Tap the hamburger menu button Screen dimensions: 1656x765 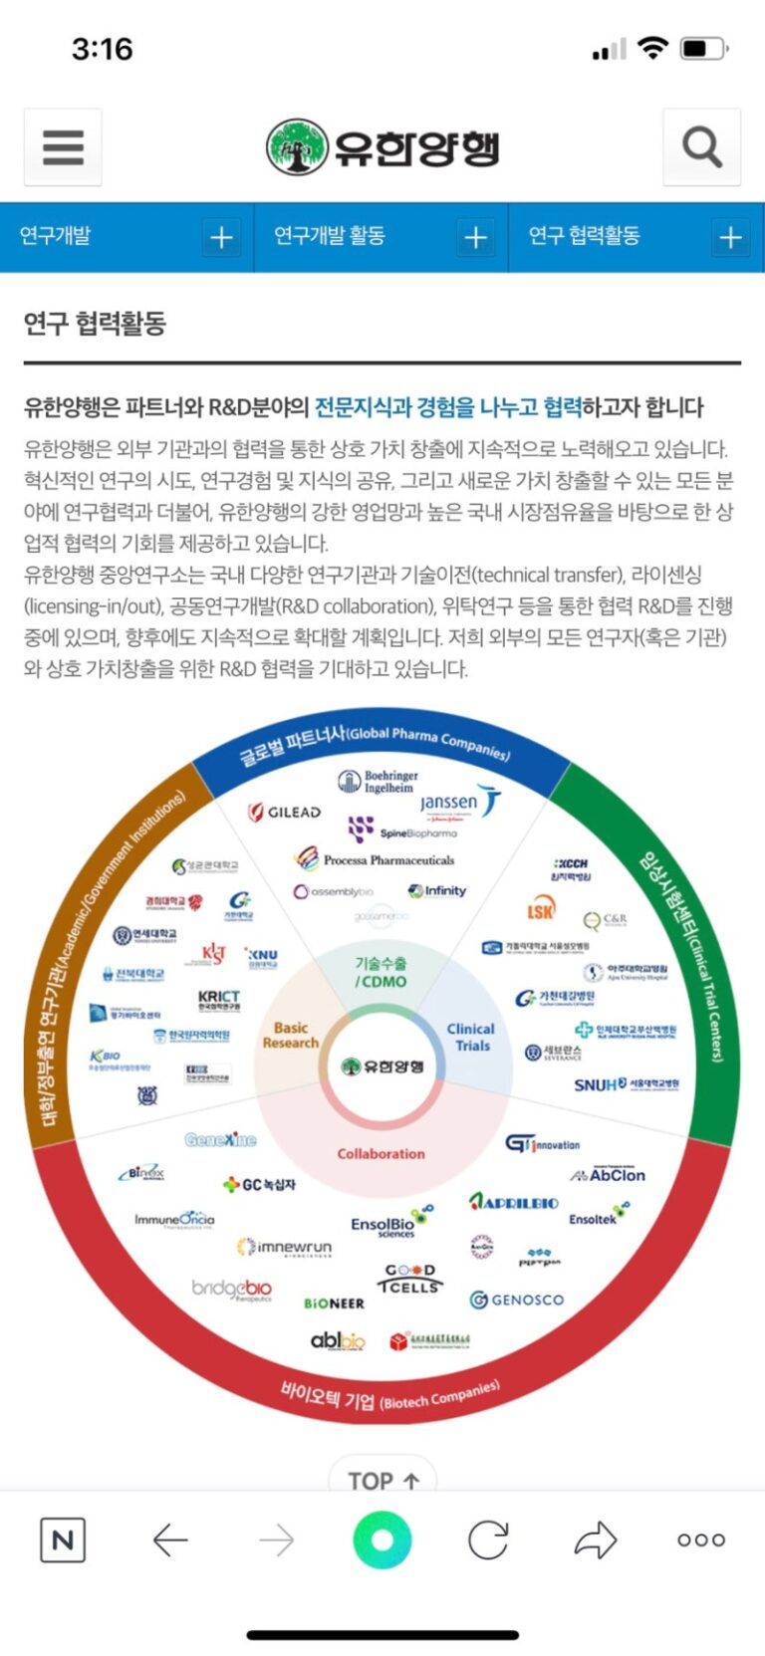(x=63, y=147)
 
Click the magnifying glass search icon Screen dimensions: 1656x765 (x=701, y=147)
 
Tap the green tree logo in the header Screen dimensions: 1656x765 (x=296, y=147)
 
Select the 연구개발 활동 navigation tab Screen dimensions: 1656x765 (x=330, y=236)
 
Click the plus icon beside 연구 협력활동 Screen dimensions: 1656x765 (x=730, y=237)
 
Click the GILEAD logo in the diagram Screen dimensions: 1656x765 (x=285, y=812)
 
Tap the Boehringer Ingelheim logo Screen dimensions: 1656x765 (x=379, y=782)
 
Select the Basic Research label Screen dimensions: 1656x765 (x=291, y=1035)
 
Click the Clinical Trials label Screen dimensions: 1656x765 (x=471, y=1037)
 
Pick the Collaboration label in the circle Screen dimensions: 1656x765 (x=381, y=1153)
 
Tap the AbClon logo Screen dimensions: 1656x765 (x=609, y=1175)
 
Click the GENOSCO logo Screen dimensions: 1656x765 (x=517, y=1300)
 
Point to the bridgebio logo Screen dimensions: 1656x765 (x=232, y=1289)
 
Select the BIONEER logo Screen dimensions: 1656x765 (x=334, y=1302)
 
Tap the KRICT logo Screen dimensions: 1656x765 (x=219, y=999)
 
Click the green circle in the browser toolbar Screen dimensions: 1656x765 (x=382, y=1539)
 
